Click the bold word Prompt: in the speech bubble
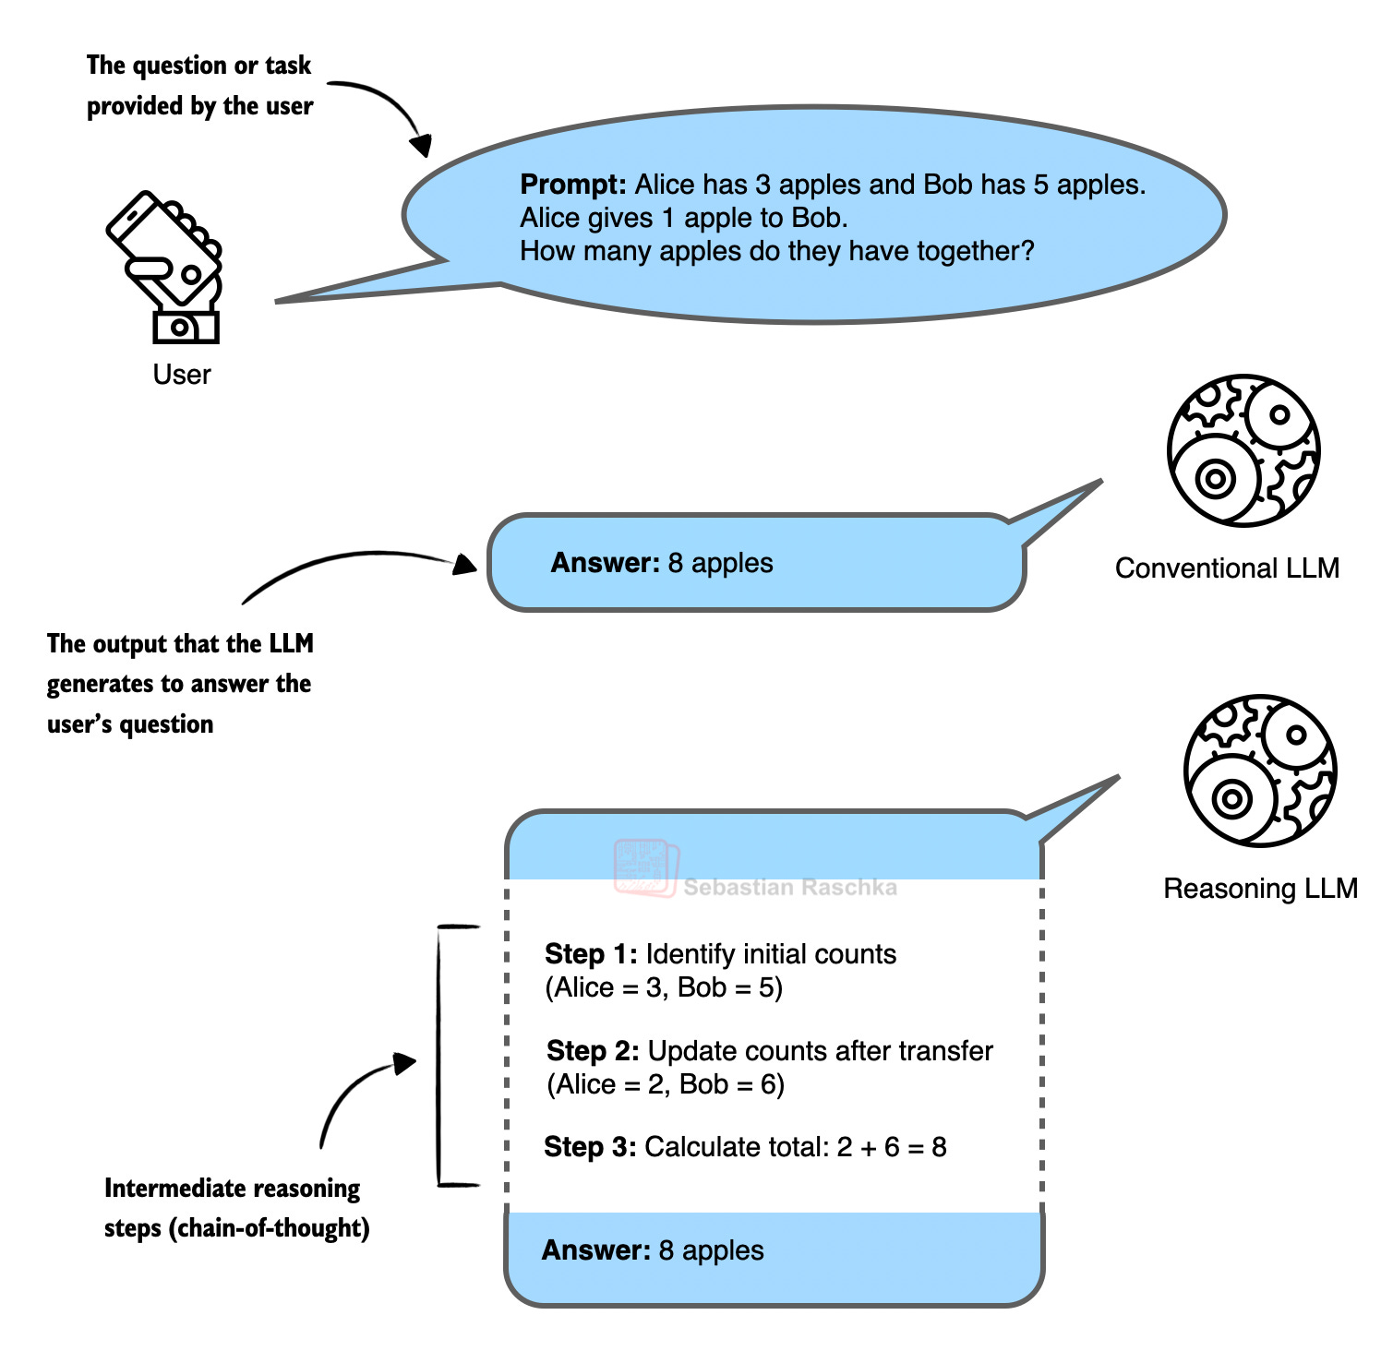(572, 185)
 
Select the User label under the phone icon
(182, 375)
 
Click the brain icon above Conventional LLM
(1243, 450)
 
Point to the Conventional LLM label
(1226, 568)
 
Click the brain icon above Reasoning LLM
(1259, 771)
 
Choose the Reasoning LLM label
(1259, 889)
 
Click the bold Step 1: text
(591, 954)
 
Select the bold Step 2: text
(593, 1051)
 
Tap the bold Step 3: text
(590, 1147)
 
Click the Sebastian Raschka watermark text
(790, 888)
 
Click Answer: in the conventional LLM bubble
(605, 563)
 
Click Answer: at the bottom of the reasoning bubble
(596, 1250)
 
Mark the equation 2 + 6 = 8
(891, 1147)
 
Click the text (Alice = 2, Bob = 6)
(666, 1084)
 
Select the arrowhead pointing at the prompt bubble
(421, 145)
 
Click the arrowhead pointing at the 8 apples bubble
(464, 564)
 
